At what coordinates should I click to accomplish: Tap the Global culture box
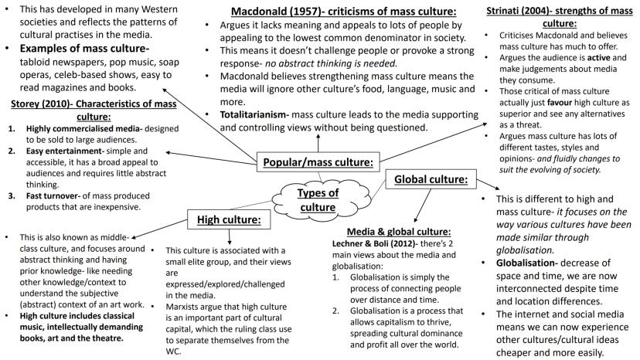point(431,179)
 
